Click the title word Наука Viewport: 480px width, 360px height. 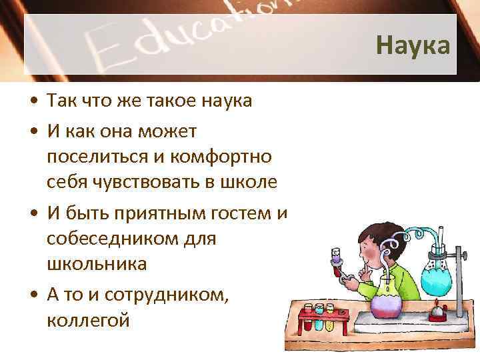pos(413,45)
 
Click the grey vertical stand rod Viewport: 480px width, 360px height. pos(459,267)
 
